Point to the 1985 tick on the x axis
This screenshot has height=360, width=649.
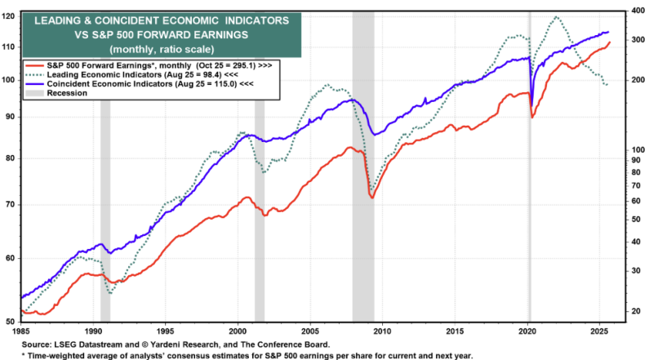tap(21, 331)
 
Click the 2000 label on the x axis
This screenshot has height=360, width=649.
tap(238, 331)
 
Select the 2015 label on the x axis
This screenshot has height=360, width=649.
tap(455, 331)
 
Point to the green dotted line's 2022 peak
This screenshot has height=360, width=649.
tap(557, 16)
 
